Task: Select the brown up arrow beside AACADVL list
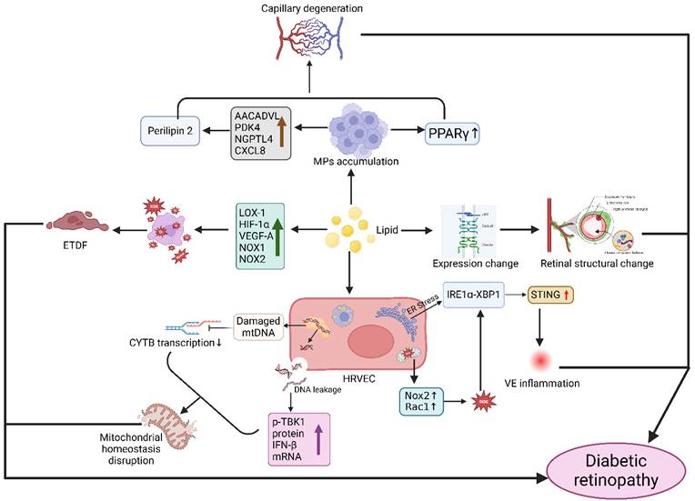coord(282,132)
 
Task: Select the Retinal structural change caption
coord(598,264)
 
